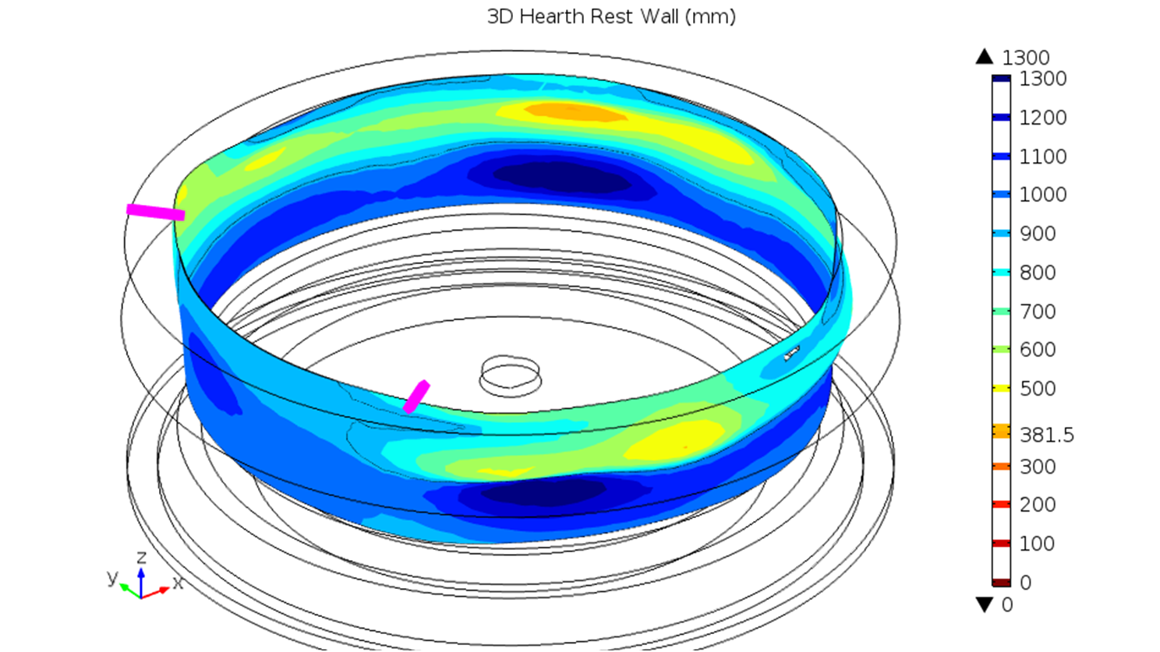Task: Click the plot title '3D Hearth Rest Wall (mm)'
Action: coord(611,16)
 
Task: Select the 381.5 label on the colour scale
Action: coord(1047,435)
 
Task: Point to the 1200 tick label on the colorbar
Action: coord(1043,118)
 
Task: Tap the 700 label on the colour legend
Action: coord(1038,312)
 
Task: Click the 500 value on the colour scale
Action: coord(1038,389)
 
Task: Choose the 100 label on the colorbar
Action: coord(1038,544)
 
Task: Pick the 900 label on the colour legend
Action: coord(1038,234)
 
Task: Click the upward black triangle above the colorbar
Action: coord(984,57)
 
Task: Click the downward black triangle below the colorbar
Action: coord(984,604)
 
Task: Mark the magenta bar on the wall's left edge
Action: coord(156,212)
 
